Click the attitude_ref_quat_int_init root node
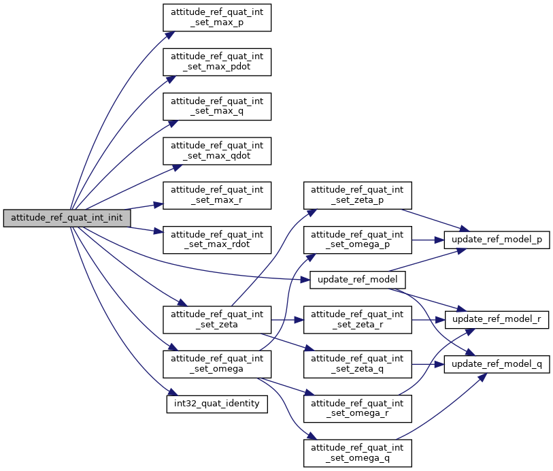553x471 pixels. point(67,218)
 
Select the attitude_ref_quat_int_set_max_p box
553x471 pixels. point(217,17)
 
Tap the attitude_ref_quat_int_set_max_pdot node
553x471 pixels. point(217,61)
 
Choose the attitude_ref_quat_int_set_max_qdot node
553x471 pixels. point(217,150)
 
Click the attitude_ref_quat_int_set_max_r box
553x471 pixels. point(217,195)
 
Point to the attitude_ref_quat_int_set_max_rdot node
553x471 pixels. point(217,239)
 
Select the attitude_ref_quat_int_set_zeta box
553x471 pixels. point(217,319)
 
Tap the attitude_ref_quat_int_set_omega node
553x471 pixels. point(217,364)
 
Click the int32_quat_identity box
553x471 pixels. point(217,404)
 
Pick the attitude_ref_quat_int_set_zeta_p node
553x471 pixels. point(358,195)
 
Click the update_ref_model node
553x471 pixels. point(358,280)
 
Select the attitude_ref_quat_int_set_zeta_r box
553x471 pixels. point(358,319)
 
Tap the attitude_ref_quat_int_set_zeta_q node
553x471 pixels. point(358,364)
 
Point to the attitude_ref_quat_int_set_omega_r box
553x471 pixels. point(358,408)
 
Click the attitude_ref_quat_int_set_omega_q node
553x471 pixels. point(358,453)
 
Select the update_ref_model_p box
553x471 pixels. point(497,240)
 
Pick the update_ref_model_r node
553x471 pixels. point(497,319)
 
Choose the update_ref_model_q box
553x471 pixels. point(497,364)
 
